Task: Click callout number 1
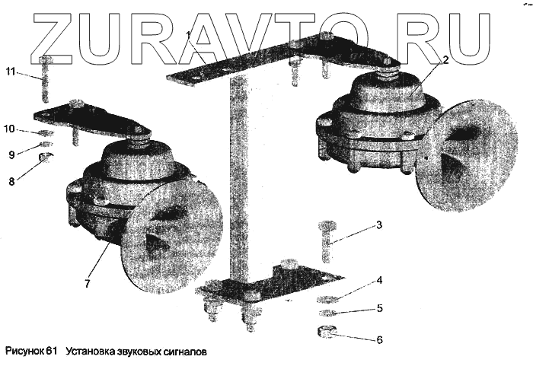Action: point(189,33)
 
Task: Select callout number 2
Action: point(445,59)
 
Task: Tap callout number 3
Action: point(378,225)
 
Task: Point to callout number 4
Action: point(378,280)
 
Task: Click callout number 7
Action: point(88,284)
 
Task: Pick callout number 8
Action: point(11,182)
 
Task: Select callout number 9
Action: point(11,154)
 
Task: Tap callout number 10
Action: point(9,129)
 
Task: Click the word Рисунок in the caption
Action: point(24,352)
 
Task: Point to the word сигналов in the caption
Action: point(180,352)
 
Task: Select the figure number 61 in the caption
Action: point(52,352)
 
